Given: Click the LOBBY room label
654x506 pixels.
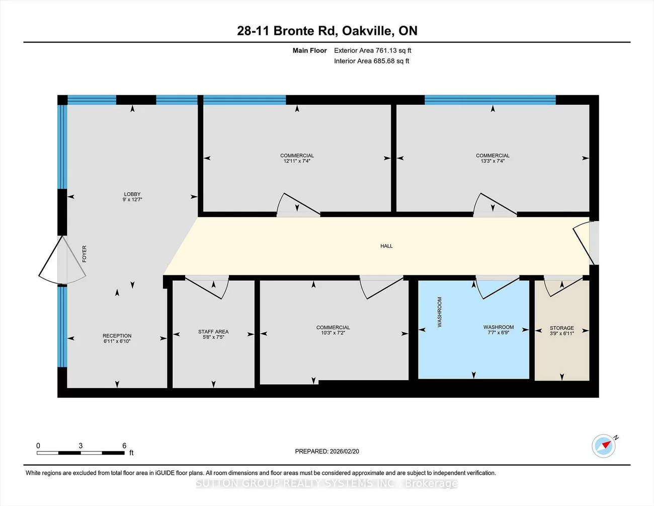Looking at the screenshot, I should coord(132,194).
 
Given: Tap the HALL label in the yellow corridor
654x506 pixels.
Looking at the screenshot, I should coord(386,246).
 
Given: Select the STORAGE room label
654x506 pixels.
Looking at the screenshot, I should coord(561,328).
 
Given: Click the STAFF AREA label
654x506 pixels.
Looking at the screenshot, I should coord(213,332).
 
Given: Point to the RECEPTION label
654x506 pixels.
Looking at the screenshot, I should coord(117,336).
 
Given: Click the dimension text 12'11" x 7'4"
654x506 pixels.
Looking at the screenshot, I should coord(297,161).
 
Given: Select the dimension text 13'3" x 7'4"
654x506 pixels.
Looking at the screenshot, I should coord(493,161).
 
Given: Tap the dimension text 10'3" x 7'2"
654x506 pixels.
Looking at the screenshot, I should coord(333,333).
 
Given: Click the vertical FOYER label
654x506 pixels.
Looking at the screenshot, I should coord(85,254).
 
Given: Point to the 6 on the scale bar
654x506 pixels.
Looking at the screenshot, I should coord(124,446).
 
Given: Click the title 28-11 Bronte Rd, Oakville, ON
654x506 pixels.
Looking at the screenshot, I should coord(327,31).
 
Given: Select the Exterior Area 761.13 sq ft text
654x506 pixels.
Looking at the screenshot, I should coord(372,50).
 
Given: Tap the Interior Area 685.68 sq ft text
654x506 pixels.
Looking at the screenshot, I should coord(371,61).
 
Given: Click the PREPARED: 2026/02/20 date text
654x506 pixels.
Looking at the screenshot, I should coord(327,452).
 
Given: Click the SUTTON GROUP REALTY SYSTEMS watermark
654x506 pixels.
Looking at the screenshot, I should coord(327,483).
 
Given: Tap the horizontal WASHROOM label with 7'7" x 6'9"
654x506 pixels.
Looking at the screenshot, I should coord(498,327).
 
